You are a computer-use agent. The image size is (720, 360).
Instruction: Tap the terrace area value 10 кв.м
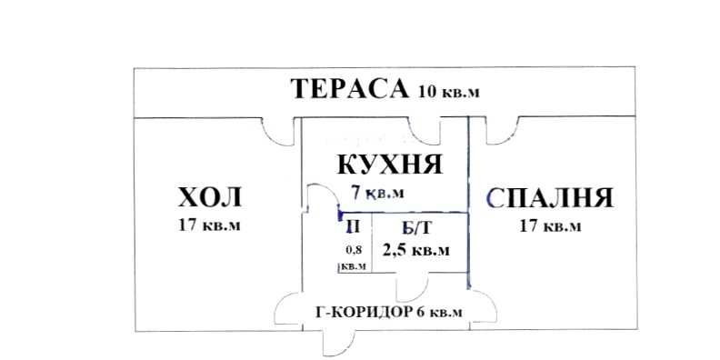click(x=449, y=91)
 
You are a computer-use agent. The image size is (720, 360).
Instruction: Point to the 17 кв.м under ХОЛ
click(x=210, y=225)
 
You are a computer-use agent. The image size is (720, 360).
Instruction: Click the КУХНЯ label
click(x=389, y=166)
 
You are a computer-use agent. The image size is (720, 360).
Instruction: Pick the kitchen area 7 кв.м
click(x=377, y=192)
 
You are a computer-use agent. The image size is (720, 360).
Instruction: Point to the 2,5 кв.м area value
click(x=415, y=250)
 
